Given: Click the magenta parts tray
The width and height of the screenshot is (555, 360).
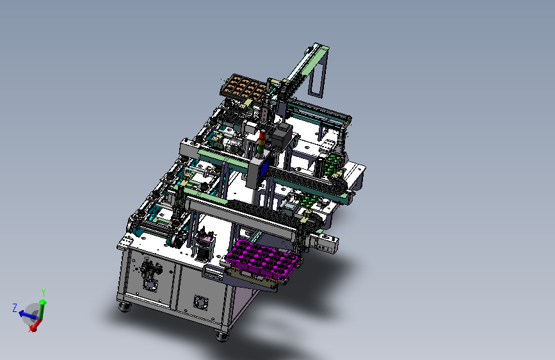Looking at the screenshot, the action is (x=264, y=259).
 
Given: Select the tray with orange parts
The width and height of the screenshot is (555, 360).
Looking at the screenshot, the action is (x=245, y=87).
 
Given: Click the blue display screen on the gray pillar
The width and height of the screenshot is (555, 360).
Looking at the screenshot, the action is (x=264, y=169).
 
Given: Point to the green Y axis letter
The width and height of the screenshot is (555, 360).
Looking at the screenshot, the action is (x=44, y=292).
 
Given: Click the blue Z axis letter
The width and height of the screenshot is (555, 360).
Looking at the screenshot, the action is (x=15, y=307).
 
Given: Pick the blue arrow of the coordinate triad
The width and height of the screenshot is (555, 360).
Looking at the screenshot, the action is (x=28, y=315).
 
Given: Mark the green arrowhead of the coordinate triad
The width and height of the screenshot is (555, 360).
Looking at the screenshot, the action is (x=43, y=302).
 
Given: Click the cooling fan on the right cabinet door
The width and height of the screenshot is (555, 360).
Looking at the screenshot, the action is (x=201, y=302).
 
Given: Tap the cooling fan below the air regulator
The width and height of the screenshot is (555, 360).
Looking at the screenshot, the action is (x=150, y=284).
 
